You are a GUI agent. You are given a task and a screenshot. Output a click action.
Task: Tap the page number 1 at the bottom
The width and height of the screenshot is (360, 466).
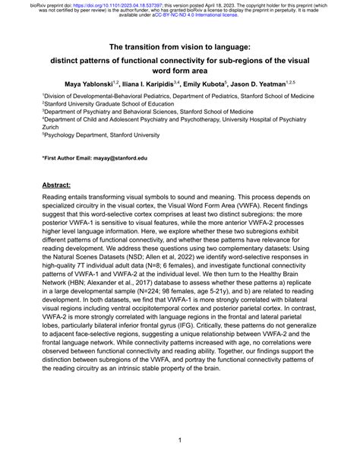(x=180, y=439)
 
